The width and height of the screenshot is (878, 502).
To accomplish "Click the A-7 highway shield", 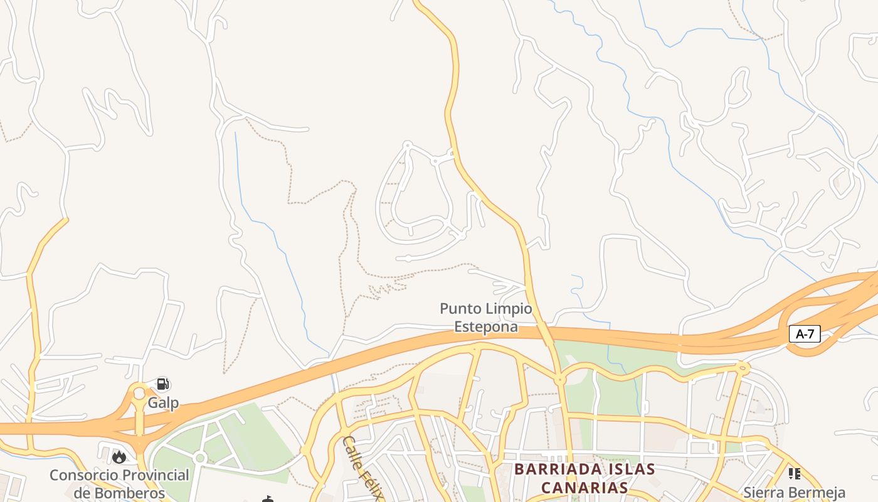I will (804, 334).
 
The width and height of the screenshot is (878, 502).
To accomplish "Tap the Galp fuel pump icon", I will (162, 384).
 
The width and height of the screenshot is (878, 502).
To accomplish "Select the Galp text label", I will (163, 403).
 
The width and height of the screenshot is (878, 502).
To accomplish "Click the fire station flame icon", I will (119, 457).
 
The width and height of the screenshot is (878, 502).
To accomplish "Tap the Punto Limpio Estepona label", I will (486, 318).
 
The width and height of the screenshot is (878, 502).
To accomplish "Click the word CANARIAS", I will (584, 488).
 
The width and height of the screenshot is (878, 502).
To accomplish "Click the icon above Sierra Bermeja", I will (794, 473).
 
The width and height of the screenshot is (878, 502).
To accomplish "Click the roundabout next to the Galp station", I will (139, 394).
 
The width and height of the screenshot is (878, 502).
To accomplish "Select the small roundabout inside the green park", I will (200, 458).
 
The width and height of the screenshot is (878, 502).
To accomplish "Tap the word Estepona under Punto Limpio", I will (486, 326).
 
